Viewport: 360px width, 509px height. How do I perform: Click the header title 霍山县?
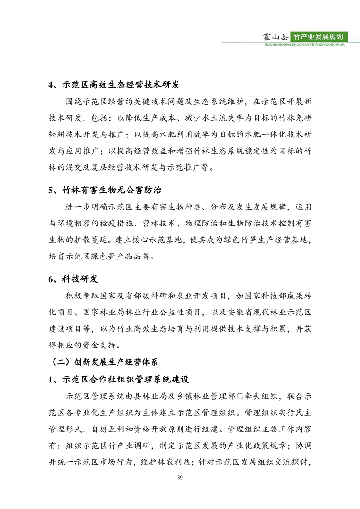tap(276, 36)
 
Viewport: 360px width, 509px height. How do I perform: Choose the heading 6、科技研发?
tap(73, 279)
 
